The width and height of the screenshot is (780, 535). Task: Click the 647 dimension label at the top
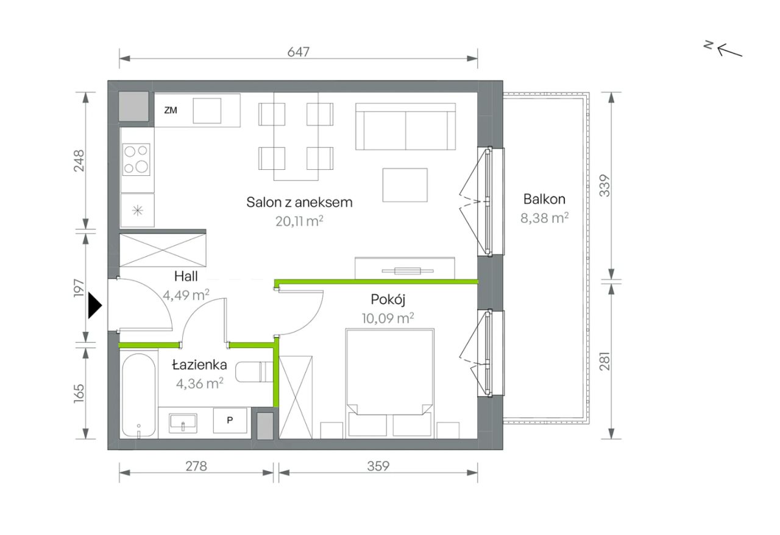[299, 52]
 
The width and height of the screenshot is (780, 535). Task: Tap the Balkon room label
[544, 199]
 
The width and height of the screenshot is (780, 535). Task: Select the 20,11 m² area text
[299, 221]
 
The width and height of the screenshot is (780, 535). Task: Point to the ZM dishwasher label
[171, 110]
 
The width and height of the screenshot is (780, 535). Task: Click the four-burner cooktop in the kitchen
[136, 159]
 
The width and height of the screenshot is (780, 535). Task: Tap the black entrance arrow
[94, 306]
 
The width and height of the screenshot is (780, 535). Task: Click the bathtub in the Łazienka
[138, 395]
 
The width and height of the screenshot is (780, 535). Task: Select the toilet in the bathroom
[255, 372]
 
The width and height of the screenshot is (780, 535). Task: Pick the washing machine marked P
[230, 421]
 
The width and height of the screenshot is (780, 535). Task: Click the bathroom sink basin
[183, 424]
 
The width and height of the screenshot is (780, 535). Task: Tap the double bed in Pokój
[389, 383]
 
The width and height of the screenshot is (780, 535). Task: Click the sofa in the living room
[405, 127]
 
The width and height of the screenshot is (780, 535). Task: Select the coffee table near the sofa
[405, 185]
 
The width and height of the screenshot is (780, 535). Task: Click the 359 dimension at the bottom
[378, 466]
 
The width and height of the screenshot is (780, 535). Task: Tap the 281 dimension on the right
[605, 361]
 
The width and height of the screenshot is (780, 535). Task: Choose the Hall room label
[186, 276]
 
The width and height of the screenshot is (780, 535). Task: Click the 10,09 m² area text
[388, 318]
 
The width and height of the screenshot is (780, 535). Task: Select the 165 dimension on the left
[79, 393]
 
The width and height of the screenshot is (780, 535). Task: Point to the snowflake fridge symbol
[138, 211]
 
